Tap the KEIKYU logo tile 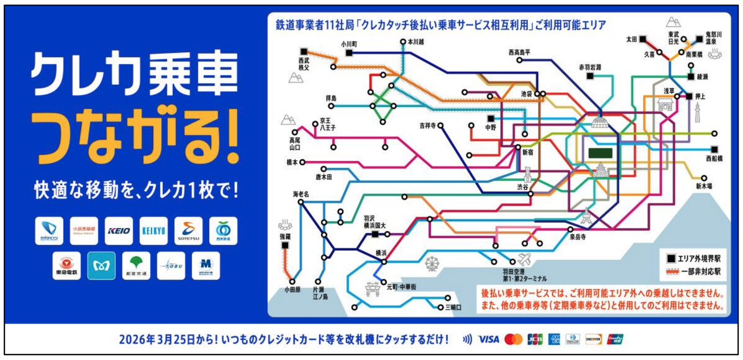[153, 230]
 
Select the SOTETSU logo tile [188, 230]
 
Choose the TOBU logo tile [170, 265]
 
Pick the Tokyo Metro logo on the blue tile [101, 265]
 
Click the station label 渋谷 [524, 187]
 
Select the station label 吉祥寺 [428, 125]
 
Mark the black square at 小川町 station [350, 53]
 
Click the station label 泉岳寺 [579, 237]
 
